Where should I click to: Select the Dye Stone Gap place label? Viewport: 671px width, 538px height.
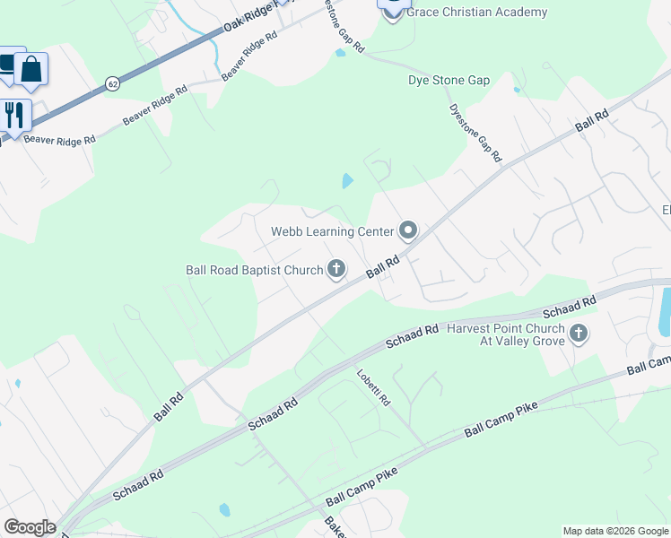[449, 80]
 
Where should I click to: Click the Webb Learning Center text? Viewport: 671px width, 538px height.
[333, 231]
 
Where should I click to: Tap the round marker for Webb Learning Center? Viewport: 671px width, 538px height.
[408, 231]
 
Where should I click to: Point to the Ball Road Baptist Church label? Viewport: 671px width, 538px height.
[253, 269]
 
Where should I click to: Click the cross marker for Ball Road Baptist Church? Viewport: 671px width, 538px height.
[336, 268]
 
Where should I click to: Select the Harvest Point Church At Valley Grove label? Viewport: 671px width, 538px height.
[506, 334]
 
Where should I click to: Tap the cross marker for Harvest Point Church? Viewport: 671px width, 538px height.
[579, 334]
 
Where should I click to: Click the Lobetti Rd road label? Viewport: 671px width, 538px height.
[373, 387]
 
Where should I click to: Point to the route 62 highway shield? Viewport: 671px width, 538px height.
[112, 83]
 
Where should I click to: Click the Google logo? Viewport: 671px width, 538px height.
[30, 527]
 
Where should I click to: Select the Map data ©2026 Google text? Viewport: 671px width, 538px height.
[616, 531]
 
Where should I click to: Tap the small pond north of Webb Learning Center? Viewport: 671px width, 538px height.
[347, 181]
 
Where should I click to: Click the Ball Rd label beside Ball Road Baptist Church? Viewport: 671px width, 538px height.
[381, 267]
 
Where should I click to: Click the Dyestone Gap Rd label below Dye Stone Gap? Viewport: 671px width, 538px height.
[475, 131]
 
